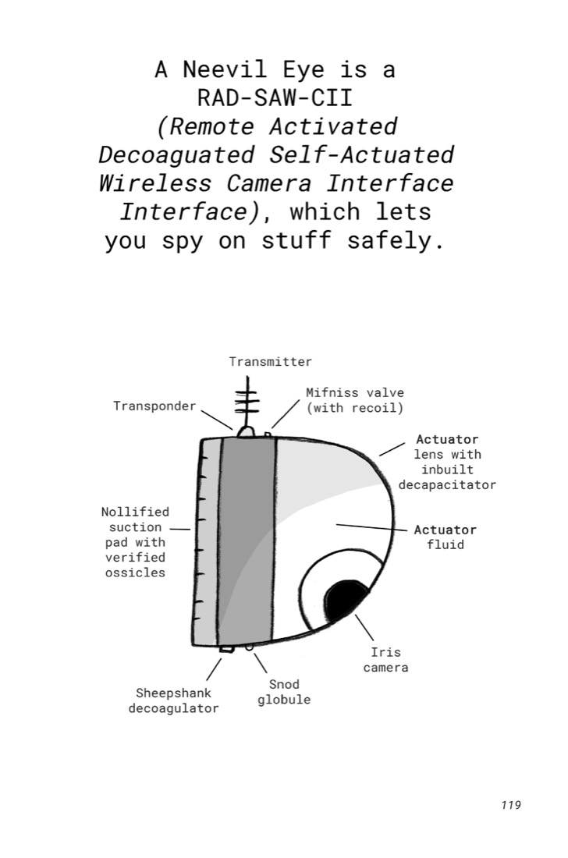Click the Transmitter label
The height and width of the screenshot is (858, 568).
click(x=270, y=362)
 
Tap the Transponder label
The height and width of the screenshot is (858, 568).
click(x=154, y=406)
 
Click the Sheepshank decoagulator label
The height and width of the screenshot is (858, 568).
click(x=173, y=700)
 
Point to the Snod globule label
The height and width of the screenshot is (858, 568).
click(x=284, y=692)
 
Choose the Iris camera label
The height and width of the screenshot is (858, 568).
click(x=385, y=660)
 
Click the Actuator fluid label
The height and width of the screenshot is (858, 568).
click(x=446, y=537)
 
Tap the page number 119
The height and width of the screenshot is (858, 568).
click(x=510, y=805)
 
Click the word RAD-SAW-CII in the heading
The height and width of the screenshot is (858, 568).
click(x=275, y=98)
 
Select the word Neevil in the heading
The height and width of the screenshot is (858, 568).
click(x=225, y=69)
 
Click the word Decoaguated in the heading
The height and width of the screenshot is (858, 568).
click(x=176, y=155)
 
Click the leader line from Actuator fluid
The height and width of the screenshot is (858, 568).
click(x=371, y=527)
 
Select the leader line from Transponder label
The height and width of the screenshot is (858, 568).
click(x=217, y=420)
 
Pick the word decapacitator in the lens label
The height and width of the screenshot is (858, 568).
click(x=447, y=485)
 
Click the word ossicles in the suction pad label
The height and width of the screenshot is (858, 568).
click(x=135, y=573)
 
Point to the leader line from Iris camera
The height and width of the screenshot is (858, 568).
click(x=364, y=628)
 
